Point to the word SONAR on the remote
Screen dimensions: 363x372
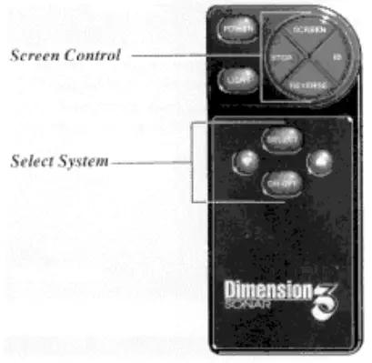pos(246,306)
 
